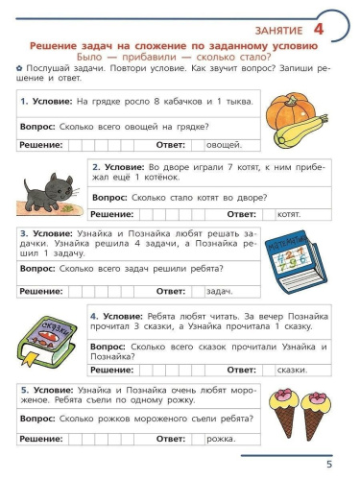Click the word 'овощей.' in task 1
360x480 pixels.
[224, 145]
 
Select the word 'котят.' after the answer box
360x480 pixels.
[289, 214]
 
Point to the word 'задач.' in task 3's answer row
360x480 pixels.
[220, 290]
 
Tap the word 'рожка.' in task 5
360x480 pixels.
[220, 439]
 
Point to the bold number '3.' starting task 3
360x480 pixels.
[23, 233]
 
